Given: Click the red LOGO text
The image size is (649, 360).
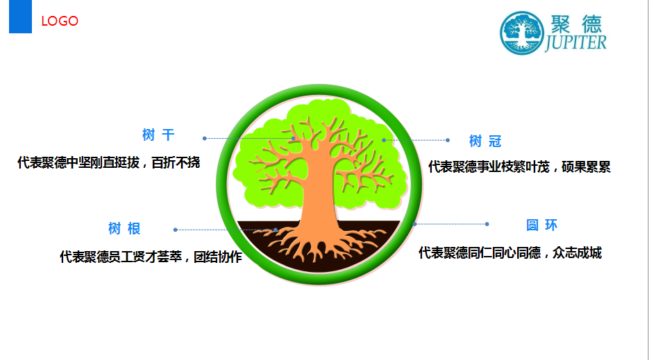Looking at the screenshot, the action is tap(60, 21).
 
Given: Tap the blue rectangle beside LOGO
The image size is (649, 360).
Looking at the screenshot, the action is tap(20, 17).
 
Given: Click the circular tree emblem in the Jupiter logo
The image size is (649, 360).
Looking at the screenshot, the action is tap(521, 33).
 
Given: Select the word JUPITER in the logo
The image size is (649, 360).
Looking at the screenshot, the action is tap(575, 42).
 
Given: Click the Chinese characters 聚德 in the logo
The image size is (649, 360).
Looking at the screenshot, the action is tap(576, 24).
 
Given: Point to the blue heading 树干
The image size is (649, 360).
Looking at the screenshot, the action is tap(158, 135).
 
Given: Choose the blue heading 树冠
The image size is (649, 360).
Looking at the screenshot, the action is tap(485, 141).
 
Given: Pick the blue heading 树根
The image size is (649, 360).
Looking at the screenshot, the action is tap(124, 228).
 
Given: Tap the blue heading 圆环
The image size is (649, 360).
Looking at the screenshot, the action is tap(542, 225).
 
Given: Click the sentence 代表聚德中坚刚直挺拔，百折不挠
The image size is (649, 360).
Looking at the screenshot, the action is tap(109, 162).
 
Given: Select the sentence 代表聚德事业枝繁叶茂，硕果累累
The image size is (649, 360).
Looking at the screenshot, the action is tap(519, 166).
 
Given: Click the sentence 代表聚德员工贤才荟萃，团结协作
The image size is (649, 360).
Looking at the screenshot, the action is tap(151, 257).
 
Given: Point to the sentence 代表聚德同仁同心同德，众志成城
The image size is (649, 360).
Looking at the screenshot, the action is tap(510, 252).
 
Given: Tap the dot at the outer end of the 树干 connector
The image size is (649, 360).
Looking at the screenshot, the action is tap(205, 138).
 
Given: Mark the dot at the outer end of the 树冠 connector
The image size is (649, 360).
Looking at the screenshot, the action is tap(448, 140).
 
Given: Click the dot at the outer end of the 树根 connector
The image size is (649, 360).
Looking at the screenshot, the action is tap(176, 230).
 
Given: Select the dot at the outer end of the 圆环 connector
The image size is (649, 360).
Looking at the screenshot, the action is tap(487, 224).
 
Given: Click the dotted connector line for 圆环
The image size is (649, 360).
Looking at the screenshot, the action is tap(451, 224).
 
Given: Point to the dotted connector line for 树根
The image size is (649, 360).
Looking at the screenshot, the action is tap(226, 230).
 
